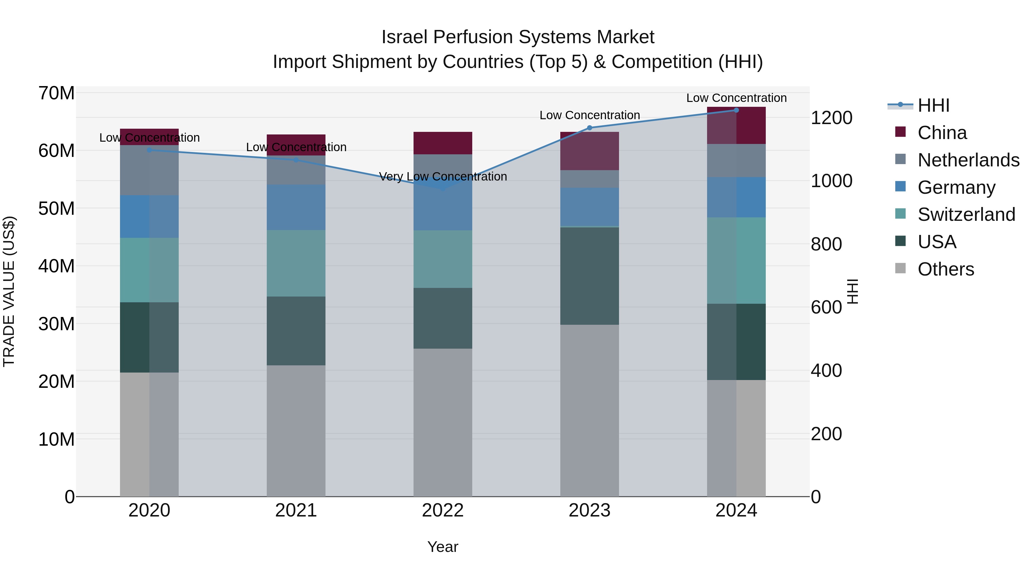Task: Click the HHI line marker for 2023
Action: [590, 128]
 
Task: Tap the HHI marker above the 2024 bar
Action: [736, 110]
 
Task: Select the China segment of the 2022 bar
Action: [443, 143]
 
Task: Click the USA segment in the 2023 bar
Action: [590, 276]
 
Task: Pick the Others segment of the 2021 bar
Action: [296, 430]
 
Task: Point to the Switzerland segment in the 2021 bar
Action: [296, 263]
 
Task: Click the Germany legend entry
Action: [956, 187]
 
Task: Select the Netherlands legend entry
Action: [968, 160]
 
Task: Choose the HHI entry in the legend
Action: [933, 105]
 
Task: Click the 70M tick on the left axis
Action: [56, 93]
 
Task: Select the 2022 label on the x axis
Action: [443, 510]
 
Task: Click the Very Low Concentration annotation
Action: [443, 177]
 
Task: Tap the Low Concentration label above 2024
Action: [736, 98]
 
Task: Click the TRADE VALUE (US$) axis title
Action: [9, 291]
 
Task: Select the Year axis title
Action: [443, 547]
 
